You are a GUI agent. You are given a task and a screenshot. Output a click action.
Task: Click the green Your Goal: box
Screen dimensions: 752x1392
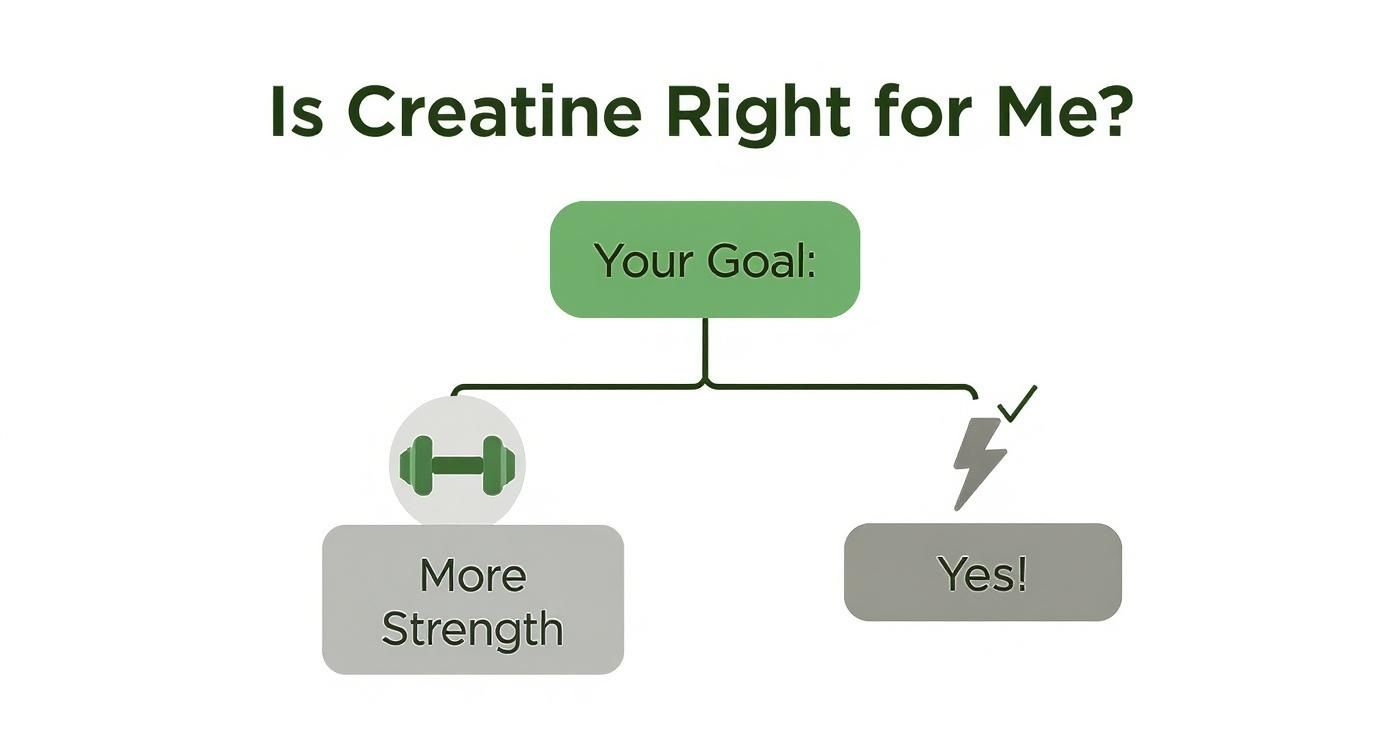pyautogui.click(x=704, y=259)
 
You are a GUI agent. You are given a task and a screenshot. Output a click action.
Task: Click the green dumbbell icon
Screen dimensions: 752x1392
pyautogui.click(x=457, y=465)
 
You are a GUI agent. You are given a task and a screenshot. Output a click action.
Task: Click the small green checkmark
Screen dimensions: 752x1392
pyautogui.click(x=1017, y=403)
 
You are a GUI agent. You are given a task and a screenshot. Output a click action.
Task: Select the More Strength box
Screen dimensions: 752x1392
pyautogui.click(x=472, y=600)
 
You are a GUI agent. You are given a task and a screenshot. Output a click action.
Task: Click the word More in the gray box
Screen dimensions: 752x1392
pyautogui.click(x=472, y=576)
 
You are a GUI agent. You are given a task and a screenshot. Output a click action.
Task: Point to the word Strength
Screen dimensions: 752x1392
pyautogui.click(x=472, y=630)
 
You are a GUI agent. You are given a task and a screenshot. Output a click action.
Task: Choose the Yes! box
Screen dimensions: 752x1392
pyautogui.click(x=982, y=572)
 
